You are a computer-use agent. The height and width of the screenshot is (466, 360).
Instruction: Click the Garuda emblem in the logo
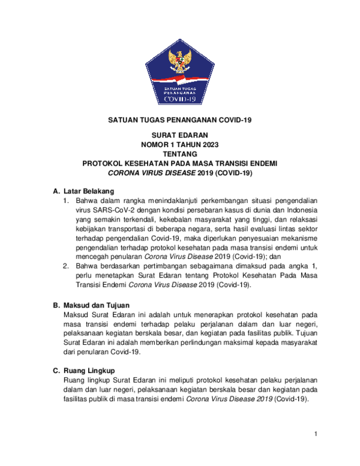point(179,61)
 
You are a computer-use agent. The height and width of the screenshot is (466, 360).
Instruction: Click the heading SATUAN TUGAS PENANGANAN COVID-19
point(179,121)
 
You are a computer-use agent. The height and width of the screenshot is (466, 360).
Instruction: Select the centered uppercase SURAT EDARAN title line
point(179,136)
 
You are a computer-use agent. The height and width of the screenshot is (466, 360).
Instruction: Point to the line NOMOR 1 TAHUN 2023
point(179,145)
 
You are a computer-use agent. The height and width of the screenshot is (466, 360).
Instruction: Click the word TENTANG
point(179,154)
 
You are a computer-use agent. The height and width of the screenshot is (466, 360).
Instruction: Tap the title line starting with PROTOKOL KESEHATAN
point(179,163)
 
